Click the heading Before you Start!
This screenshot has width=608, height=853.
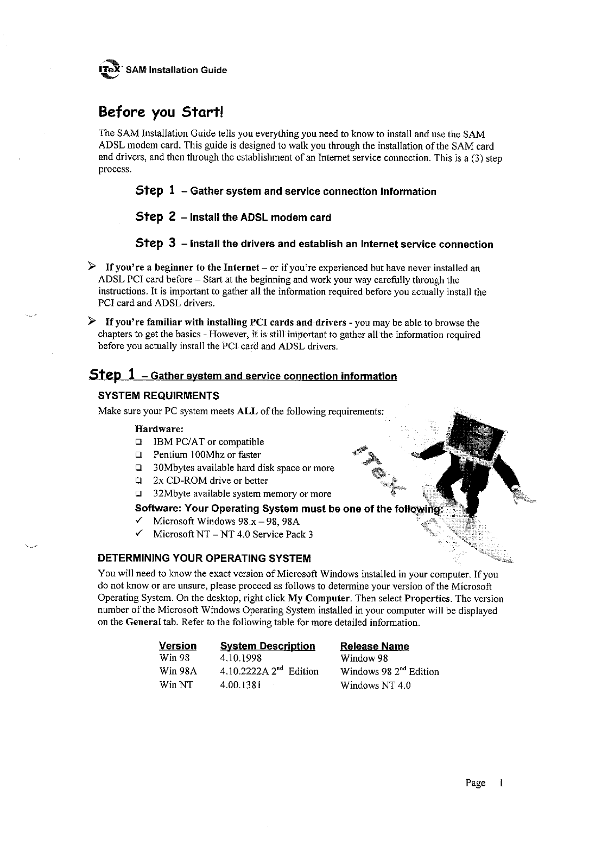coord(161,112)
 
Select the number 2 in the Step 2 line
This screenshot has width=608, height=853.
coord(172,217)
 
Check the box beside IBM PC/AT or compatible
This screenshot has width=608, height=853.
coord(138,442)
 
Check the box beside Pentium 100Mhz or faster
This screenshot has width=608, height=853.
coord(138,455)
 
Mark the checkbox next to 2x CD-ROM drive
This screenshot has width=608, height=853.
coord(138,480)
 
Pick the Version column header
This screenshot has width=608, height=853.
coord(178,646)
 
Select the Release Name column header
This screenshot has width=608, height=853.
coord(375,646)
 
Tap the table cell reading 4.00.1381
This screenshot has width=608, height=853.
coord(241,685)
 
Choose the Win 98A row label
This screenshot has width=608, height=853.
coord(178,671)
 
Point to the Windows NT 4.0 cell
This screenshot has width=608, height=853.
coord(375,685)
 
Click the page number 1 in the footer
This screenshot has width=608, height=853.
coord(502,783)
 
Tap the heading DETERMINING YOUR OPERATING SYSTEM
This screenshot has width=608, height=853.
coord(204,558)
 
